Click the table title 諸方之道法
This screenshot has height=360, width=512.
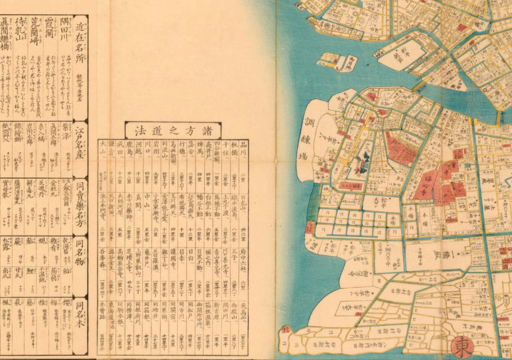tap(173, 129)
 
